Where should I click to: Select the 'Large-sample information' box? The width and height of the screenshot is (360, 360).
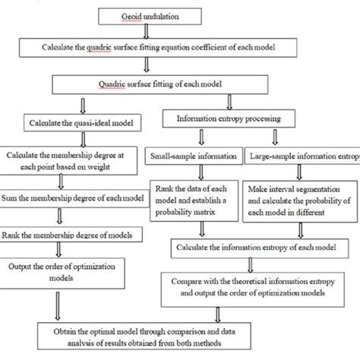[302, 158]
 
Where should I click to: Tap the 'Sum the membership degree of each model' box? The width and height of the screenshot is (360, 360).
[74, 199]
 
